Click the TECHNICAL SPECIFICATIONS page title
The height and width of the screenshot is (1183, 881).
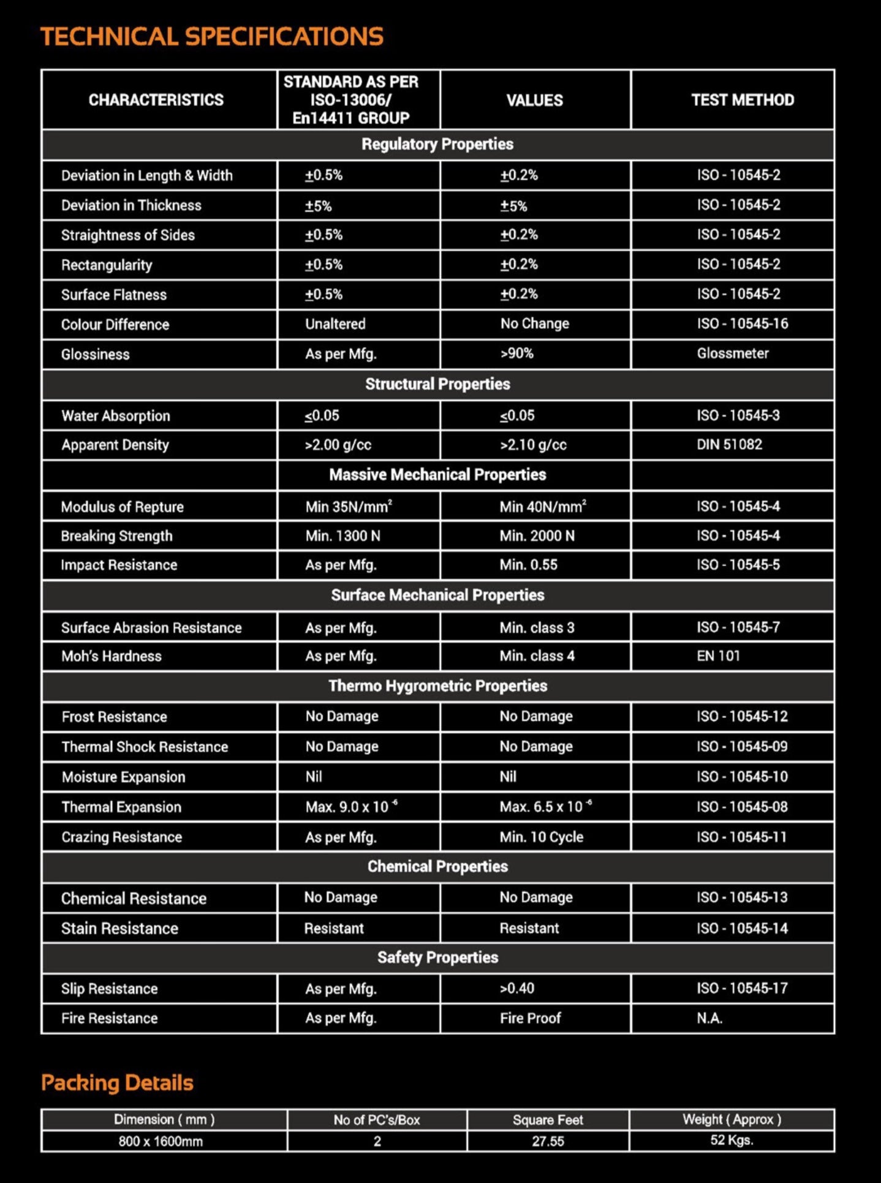(x=211, y=37)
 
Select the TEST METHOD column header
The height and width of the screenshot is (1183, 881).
(x=743, y=100)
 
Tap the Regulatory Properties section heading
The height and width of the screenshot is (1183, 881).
(x=437, y=145)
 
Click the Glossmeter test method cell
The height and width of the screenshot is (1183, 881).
(x=733, y=353)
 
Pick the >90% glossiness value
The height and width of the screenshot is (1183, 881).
(x=517, y=353)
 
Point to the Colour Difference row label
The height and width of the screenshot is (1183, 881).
(x=115, y=325)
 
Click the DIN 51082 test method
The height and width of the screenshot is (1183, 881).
(x=729, y=445)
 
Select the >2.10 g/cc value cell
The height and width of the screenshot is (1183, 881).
(x=533, y=445)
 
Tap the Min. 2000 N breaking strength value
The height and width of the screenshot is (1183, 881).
(x=537, y=536)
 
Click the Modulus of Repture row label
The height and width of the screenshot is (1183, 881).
(x=123, y=507)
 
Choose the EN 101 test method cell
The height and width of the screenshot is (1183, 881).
(x=718, y=656)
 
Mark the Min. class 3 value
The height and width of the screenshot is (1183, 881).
(x=537, y=628)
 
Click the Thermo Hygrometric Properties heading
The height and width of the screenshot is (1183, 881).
(x=437, y=686)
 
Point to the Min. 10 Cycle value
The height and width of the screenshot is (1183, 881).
(x=542, y=837)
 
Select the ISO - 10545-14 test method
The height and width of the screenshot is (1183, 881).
(x=742, y=929)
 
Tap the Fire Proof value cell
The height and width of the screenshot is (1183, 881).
(x=531, y=1018)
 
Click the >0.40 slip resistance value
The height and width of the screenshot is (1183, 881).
(x=517, y=988)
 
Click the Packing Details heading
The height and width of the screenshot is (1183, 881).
(x=117, y=1083)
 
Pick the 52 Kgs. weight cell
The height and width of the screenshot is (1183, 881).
(x=732, y=1140)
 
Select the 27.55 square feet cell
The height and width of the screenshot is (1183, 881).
(x=548, y=1141)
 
